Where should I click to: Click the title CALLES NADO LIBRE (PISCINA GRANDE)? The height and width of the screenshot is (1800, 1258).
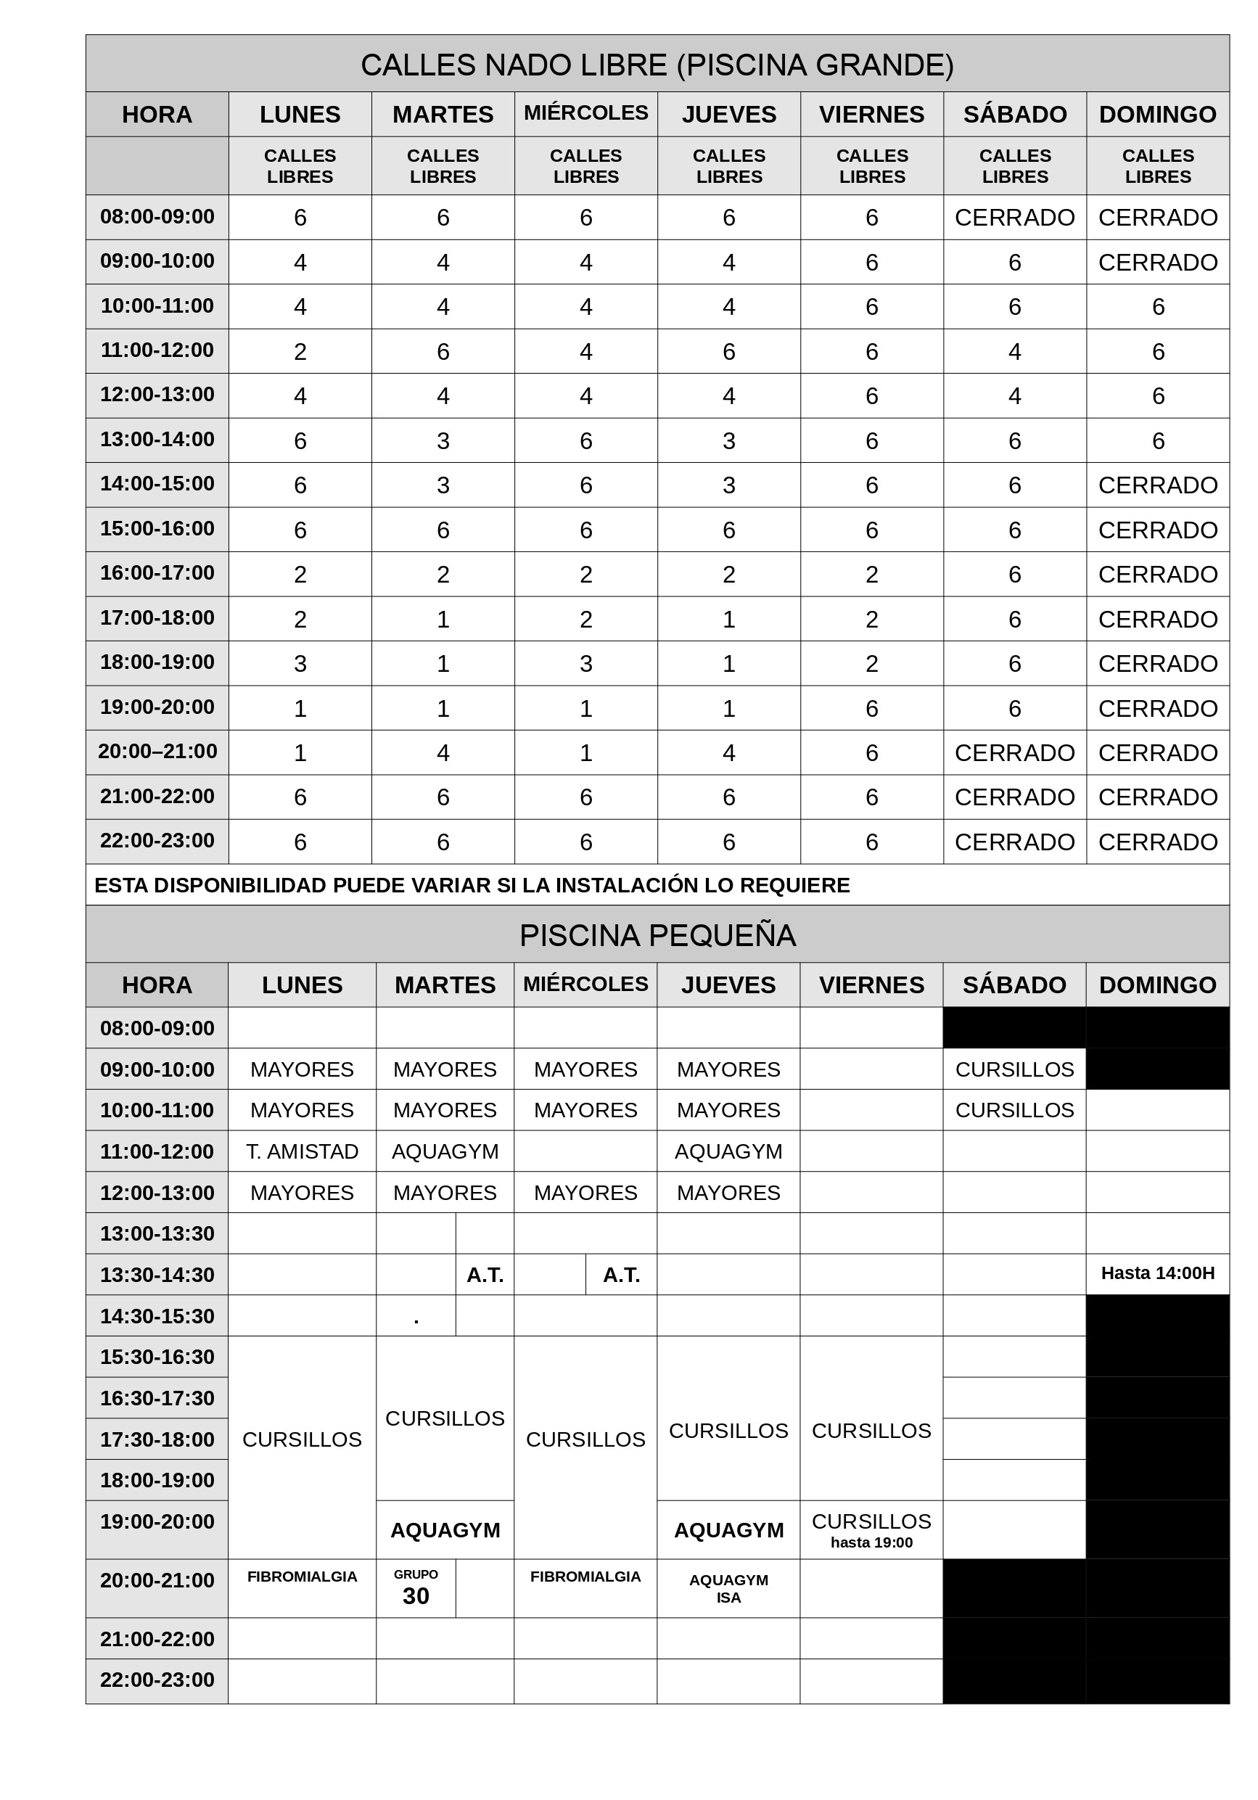(x=657, y=65)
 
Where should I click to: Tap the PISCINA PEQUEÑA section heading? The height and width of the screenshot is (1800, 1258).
(x=657, y=935)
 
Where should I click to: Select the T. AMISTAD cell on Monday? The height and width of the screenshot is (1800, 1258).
(x=302, y=1151)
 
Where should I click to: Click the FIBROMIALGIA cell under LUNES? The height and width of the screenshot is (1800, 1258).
(x=302, y=1577)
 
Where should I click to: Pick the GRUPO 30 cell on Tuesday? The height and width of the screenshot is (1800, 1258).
(x=416, y=1588)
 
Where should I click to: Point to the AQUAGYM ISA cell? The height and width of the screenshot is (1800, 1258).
(x=728, y=1588)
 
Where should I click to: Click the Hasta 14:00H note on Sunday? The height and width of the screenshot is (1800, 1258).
(x=1157, y=1273)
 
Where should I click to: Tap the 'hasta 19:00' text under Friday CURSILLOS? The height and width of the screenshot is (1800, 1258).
(x=871, y=1543)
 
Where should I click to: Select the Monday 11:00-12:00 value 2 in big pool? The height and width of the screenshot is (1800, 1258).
(x=300, y=351)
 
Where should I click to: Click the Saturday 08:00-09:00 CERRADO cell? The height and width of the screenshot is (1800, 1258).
(x=1014, y=217)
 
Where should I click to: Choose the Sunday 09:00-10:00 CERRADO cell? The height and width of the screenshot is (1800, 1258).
(x=1157, y=262)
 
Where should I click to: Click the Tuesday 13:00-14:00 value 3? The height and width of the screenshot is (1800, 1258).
(x=443, y=440)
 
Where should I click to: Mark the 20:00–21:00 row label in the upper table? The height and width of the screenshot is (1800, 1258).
(x=157, y=751)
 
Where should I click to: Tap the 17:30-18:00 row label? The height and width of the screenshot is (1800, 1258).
(x=157, y=1439)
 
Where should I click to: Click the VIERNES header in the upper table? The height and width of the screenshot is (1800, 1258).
(x=871, y=115)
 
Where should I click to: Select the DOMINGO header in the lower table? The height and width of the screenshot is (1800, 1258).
(x=1157, y=985)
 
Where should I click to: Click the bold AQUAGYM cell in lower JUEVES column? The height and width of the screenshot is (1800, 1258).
(x=728, y=1530)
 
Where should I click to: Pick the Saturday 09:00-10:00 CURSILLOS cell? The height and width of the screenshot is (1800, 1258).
(x=1014, y=1069)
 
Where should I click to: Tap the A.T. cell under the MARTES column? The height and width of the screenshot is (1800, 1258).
(x=485, y=1275)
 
